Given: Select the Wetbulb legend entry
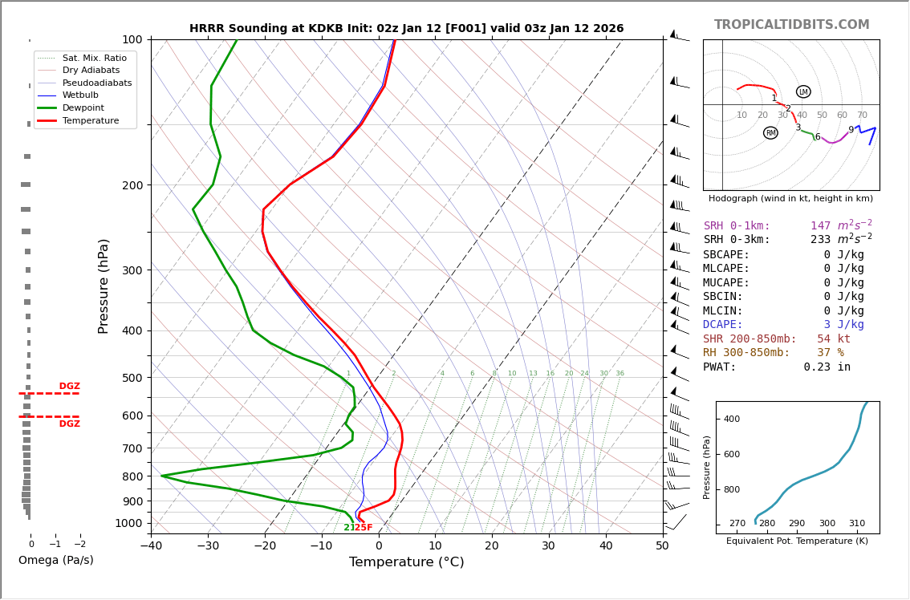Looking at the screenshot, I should [80, 95].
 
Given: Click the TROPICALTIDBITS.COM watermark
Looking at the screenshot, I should [791, 25].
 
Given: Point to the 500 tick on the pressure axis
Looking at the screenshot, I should [132, 378].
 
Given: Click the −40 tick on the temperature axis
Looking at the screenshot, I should [151, 545].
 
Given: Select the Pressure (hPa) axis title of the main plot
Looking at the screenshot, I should [104, 286].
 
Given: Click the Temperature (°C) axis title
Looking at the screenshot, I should [406, 562].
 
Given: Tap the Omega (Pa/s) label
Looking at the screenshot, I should [55, 560].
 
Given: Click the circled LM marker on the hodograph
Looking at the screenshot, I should [803, 91].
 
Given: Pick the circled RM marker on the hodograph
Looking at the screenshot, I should [770, 133].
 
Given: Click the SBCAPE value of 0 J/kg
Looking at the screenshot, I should [843, 254].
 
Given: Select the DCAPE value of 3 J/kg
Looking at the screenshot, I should [843, 325].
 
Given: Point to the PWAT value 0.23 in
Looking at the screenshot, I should [827, 367].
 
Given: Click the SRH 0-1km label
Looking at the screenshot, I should [737, 226].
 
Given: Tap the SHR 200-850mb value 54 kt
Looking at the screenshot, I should [833, 339].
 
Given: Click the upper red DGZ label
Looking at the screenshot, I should [69, 387].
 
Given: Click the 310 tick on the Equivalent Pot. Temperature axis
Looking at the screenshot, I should [857, 523].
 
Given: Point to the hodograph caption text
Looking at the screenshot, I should [790, 198].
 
